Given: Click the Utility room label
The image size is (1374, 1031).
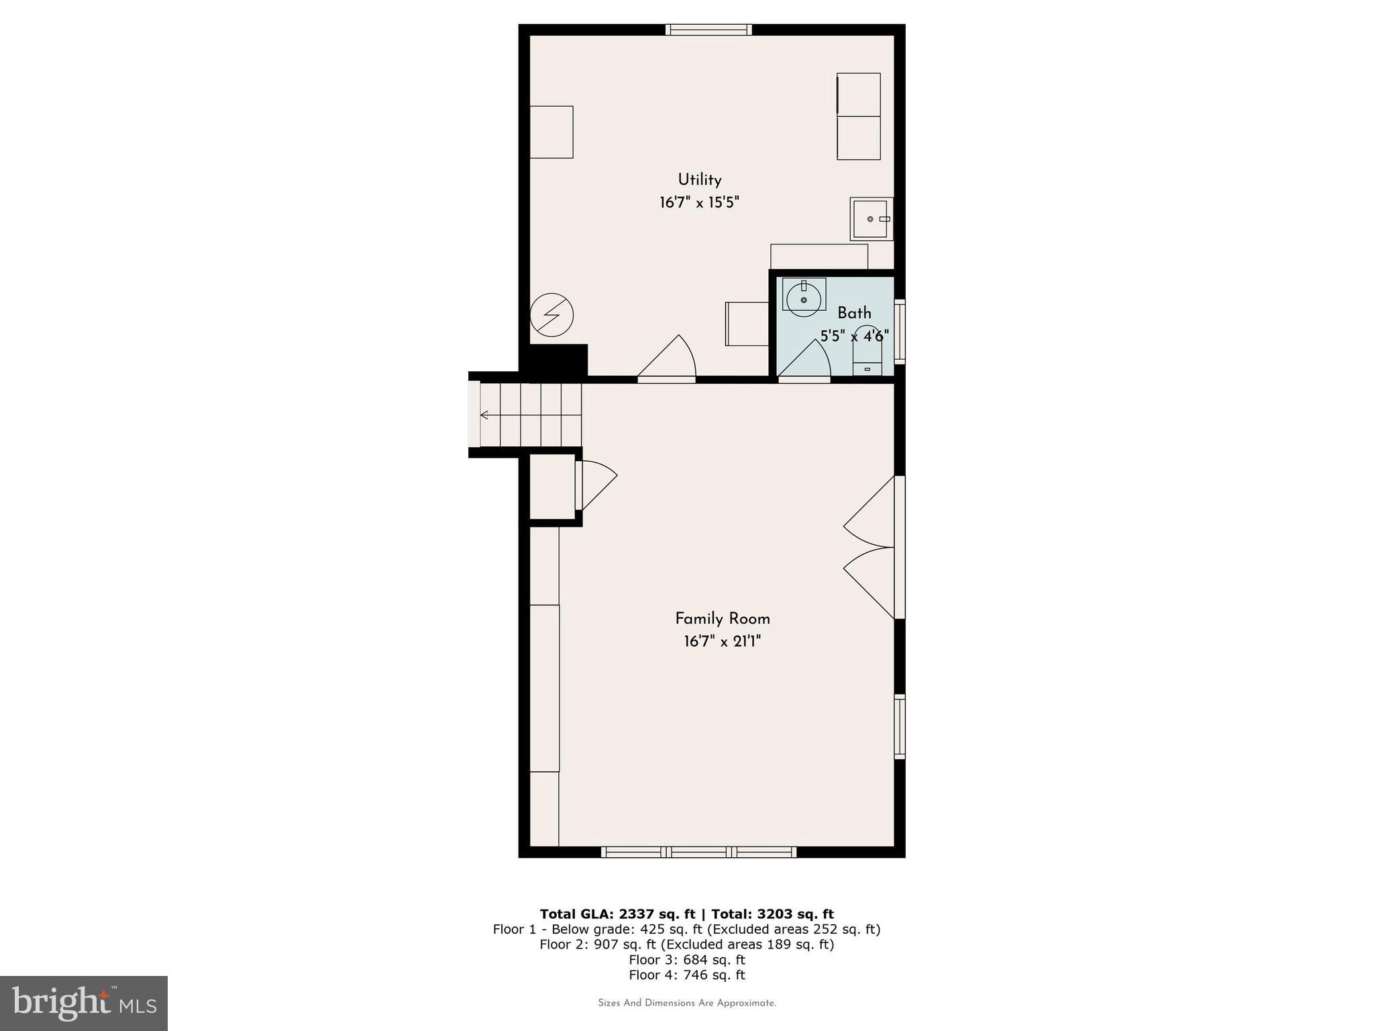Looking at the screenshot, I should [x=699, y=180].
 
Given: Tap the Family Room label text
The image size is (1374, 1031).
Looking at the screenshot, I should [x=722, y=619].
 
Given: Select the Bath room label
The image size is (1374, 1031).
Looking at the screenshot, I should [x=854, y=313].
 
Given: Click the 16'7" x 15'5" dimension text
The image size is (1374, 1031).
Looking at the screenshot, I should [x=699, y=203].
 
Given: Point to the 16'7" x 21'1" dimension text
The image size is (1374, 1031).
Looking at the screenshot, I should [x=722, y=642].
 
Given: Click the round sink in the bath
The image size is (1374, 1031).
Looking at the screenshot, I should [x=803, y=299].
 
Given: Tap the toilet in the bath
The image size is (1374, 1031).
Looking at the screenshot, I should [x=867, y=352].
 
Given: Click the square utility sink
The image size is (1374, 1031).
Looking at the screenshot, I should [x=871, y=219].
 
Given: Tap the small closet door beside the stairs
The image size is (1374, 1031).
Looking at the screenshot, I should [x=594, y=485].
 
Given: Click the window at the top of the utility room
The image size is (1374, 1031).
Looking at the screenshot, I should [x=708, y=30].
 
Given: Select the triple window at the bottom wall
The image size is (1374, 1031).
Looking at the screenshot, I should [x=698, y=852].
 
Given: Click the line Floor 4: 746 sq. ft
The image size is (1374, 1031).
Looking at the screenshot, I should [x=686, y=975].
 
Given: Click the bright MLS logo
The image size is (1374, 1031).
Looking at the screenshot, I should [x=84, y=1003].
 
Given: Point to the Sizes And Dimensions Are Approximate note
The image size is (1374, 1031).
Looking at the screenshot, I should [x=686, y=1003].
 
